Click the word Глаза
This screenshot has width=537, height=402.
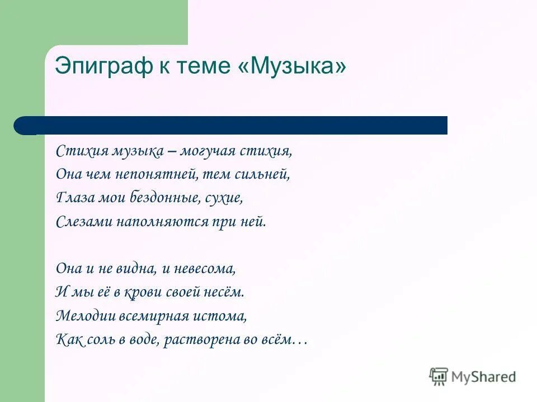point(71,198)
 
